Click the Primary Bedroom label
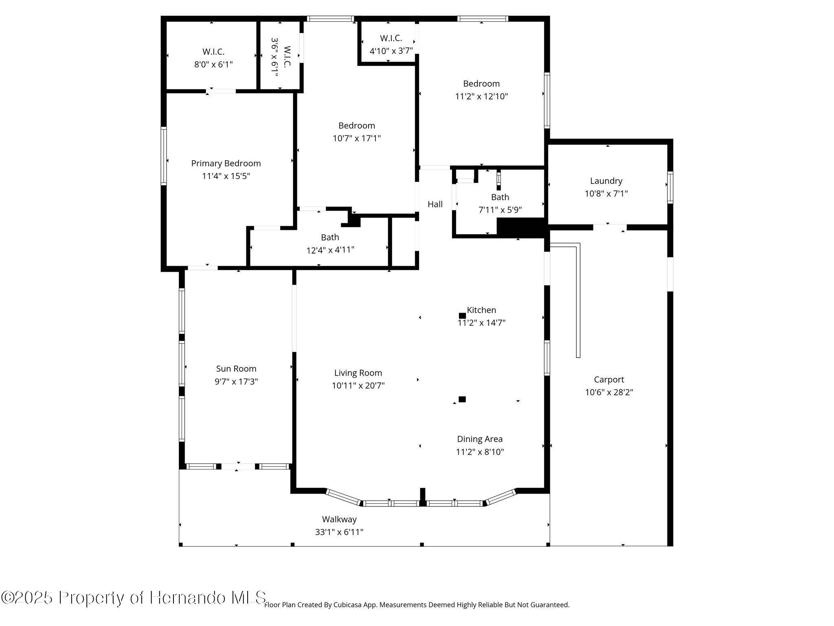click(x=226, y=163)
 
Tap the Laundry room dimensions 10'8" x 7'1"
click(x=606, y=194)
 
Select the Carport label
click(x=609, y=380)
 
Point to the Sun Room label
click(x=236, y=369)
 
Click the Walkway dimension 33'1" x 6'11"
click(x=339, y=532)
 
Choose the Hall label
click(x=435, y=204)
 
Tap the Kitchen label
click(x=481, y=310)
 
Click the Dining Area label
click(x=480, y=439)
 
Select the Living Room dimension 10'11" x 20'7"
click(x=358, y=386)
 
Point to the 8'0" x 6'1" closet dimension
click(x=214, y=64)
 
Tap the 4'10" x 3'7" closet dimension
click(x=391, y=51)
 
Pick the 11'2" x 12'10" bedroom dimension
click(x=481, y=97)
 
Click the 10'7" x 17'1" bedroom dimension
click(x=357, y=138)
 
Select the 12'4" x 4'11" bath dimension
click(x=330, y=250)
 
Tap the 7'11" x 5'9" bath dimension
click(x=500, y=210)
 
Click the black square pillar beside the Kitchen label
click(x=462, y=315)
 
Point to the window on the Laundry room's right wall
click(x=670, y=187)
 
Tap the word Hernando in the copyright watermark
click(x=187, y=597)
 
